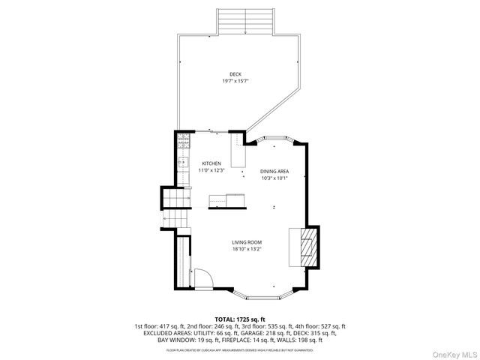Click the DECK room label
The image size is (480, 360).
coord(235,73)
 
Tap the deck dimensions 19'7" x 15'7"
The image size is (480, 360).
coord(235,81)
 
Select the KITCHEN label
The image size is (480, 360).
coord(211,163)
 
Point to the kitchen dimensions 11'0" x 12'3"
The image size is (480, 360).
coord(211,170)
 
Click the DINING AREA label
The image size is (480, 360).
coord(274,171)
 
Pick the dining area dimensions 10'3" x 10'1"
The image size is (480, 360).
coord(274,178)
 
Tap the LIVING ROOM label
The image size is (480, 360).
coord(246,242)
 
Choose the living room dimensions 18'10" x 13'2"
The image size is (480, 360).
coord(246,249)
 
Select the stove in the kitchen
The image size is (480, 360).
coord(181,140)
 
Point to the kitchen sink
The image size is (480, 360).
coord(181,160)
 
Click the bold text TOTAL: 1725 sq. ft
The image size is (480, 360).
coord(240,319)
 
